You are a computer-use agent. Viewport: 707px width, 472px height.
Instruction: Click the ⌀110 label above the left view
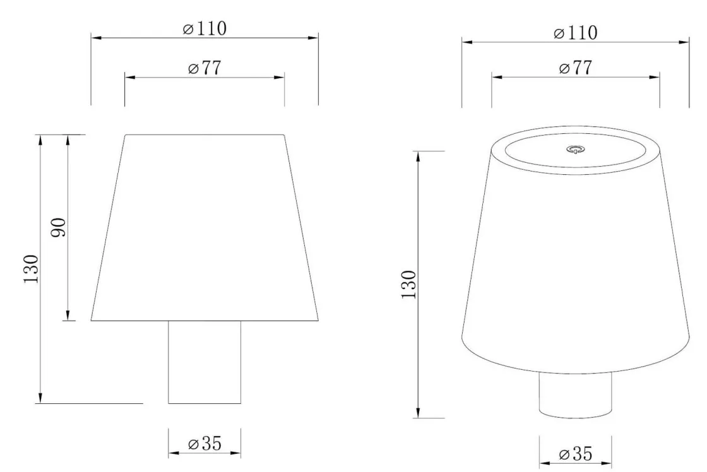pyautogui.click(x=205, y=28)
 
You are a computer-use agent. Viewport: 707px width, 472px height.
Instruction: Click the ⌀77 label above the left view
pyautogui.click(x=205, y=68)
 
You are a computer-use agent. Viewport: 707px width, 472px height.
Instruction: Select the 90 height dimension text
pyautogui.click(x=58, y=227)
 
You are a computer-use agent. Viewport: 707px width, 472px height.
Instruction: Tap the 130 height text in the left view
pyautogui.click(x=31, y=269)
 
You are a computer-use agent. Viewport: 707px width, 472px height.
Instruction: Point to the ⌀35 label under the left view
pyautogui.click(x=205, y=444)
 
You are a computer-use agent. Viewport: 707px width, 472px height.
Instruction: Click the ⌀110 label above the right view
pyautogui.click(x=575, y=33)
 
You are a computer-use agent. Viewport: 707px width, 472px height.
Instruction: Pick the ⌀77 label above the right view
pyautogui.click(x=575, y=68)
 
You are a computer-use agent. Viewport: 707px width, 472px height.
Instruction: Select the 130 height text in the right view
pyautogui.click(x=408, y=285)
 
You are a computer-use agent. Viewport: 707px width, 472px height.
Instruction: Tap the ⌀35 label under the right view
pyautogui.click(x=575, y=454)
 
